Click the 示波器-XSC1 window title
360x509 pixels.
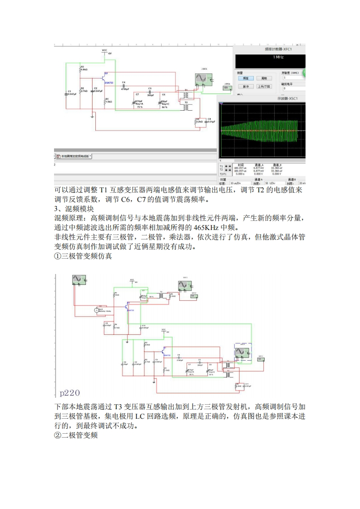285,98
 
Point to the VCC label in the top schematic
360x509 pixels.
104,50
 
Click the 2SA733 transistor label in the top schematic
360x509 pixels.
109,83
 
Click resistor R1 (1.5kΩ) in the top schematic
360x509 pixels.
105,100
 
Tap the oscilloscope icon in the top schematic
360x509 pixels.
201,80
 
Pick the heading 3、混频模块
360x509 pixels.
74,209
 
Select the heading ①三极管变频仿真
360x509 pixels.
83,256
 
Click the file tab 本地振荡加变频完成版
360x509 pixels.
75,156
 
